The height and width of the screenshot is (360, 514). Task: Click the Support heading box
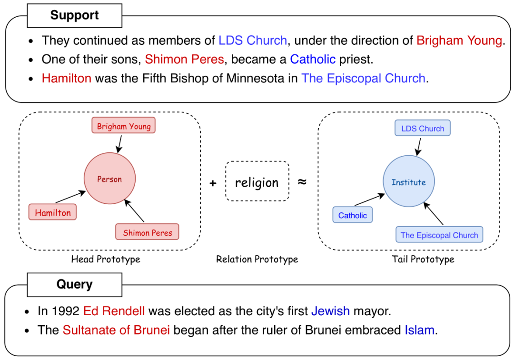click(74, 15)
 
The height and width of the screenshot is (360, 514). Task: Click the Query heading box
click(74, 285)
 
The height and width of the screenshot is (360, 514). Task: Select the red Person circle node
click(109, 179)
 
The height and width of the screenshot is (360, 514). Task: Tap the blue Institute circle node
click(409, 181)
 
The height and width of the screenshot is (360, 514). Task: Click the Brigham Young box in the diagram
click(124, 125)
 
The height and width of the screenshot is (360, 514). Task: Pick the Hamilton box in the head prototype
click(52, 212)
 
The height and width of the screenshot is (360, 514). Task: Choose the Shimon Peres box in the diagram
click(147, 232)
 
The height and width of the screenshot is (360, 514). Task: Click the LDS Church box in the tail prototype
click(423, 128)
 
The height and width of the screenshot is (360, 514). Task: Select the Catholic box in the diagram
click(352, 215)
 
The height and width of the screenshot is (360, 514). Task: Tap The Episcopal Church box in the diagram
click(439, 234)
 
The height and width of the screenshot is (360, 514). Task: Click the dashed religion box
click(257, 181)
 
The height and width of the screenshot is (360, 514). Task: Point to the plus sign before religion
click(213, 183)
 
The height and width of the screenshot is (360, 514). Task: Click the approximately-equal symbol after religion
click(302, 181)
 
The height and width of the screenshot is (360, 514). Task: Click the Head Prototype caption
click(106, 260)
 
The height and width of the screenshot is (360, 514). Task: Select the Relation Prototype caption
click(257, 260)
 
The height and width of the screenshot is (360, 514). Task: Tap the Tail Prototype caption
click(423, 260)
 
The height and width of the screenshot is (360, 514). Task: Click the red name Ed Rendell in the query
click(114, 311)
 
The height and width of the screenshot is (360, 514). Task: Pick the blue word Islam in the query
click(420, 330)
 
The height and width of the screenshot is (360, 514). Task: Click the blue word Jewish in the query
click(330, 311)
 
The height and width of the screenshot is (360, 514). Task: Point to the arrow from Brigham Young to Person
click(120, 144)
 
